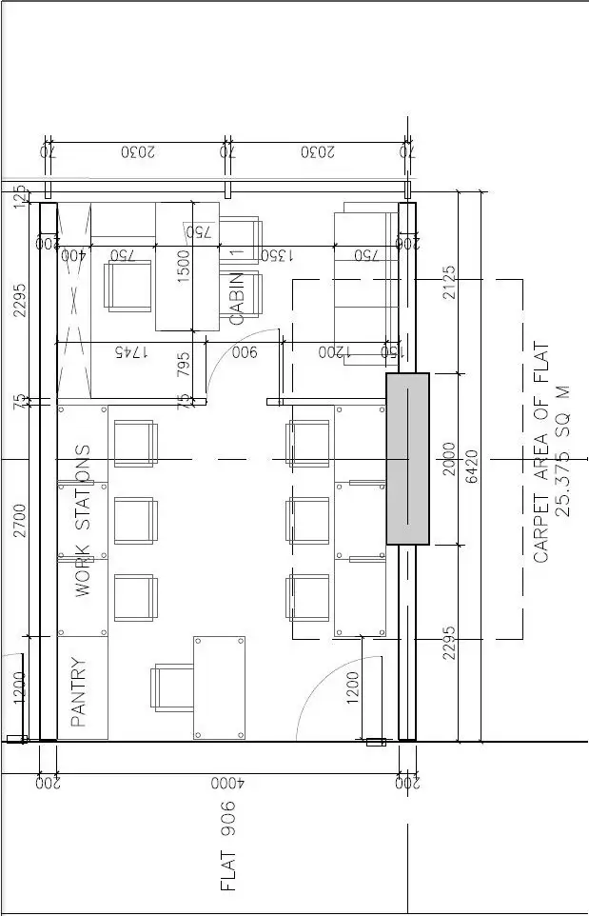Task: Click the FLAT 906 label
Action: (227, 846)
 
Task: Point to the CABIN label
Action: (238, 299)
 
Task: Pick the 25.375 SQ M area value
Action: (563, 450)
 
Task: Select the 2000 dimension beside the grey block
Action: (449, 458)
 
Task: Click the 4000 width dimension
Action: (227, 784)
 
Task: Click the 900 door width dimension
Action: (245, 352)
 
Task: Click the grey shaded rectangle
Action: (407, 458)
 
